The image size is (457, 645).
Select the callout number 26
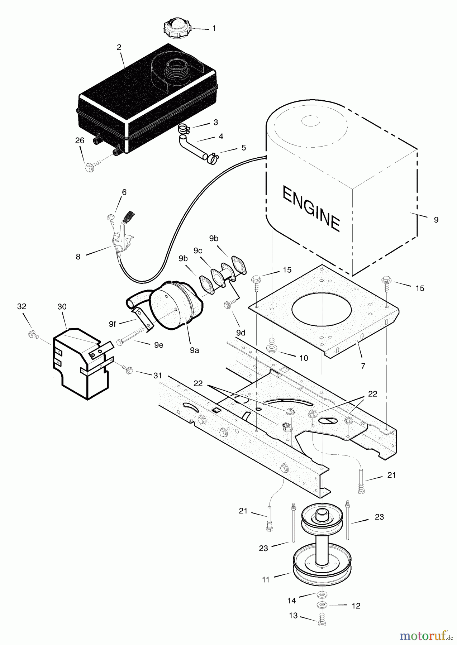click(80, 140)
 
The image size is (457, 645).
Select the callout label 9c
click(197, 251)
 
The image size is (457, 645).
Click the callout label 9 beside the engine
click(436, 220)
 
